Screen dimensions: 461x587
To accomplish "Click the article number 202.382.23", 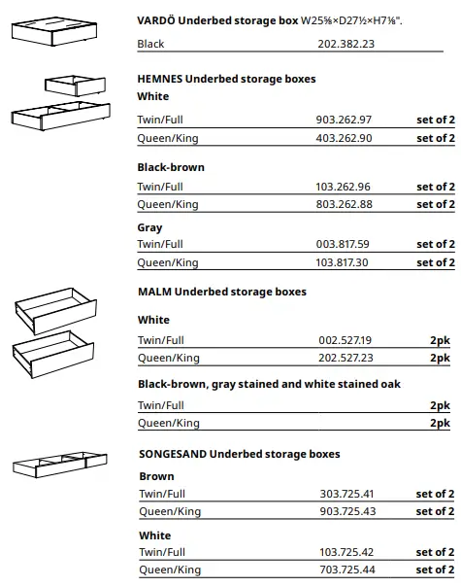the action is tap(345, 44).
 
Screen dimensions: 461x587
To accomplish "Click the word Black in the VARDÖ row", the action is tap(150, 44).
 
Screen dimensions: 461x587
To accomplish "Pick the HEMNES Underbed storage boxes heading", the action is tap(226, 79).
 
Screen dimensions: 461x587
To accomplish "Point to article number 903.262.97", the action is tap(344, 121).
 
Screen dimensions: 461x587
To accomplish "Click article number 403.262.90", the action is tap(344, 139).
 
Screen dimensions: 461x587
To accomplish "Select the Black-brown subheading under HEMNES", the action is tap(171, 167).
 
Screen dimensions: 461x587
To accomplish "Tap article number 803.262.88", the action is tap(344, 205).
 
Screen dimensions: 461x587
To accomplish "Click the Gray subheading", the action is tap(149, 227).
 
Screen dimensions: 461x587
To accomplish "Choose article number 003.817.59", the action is tap(344, 245).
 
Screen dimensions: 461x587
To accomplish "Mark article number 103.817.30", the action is tap(344, 263).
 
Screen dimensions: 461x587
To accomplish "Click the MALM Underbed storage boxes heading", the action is tap(221, 292).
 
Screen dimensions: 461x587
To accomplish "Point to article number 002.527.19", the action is tap(345, 340).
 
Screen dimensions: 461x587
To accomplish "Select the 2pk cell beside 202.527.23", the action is tap(440, 359).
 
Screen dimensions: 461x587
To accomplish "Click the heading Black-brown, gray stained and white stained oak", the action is tap(269, 385).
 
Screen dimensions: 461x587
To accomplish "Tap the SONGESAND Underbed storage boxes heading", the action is tap(239, 454).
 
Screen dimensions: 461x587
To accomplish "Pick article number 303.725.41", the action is tap(347, 495).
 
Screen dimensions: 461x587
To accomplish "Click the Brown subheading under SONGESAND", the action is tap(156, 476).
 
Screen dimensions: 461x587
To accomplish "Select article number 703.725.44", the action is tap(347, 570).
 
